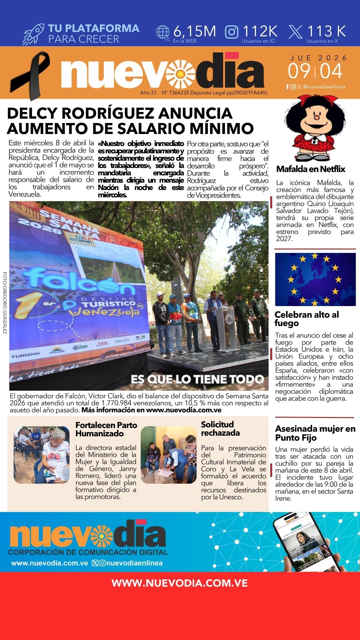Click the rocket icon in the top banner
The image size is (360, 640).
(33, 34)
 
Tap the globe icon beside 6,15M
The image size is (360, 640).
(163, 33)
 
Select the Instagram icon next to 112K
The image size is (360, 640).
(232, 32)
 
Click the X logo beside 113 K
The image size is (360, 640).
(295, 32)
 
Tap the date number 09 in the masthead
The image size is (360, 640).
(299, 71)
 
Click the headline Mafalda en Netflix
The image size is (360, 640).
(311, 169)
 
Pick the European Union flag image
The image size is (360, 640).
(315, 279)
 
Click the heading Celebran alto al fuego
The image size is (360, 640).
(306, 319)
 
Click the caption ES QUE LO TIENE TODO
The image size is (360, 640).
(197, 379)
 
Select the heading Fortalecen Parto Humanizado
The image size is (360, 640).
(106, 429)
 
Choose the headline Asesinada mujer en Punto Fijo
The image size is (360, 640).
(315, 433)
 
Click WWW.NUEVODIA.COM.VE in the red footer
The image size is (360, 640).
(180, 583)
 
